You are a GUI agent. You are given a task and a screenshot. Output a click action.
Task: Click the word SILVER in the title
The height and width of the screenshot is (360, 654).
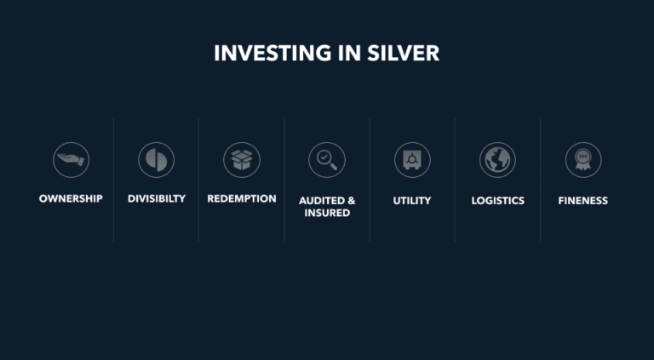click(x=404, y=54)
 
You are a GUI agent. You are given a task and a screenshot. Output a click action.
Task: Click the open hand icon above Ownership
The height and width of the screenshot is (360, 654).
click(x=71, y=160)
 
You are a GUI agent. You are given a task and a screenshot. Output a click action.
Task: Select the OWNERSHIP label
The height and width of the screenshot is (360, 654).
click(x=71, y=199)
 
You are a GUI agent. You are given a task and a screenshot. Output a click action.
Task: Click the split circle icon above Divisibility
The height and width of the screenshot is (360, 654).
click(x=157, y=160)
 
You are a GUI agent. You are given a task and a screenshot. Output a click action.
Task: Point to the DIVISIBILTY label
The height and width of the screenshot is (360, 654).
click(x=157, y=199)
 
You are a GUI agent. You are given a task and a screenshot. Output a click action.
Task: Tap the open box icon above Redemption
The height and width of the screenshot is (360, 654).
click(x=242, y=160)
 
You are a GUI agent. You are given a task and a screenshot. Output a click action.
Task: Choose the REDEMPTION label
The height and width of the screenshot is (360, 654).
click(x=242, y=199)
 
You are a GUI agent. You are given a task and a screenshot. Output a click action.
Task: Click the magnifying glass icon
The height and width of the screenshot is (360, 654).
click(x=327, y=160)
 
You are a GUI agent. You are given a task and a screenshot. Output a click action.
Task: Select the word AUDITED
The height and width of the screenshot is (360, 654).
click(x=321, y=201)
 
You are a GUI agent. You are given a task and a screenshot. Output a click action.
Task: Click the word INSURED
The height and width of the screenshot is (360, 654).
click(x=327, y=213)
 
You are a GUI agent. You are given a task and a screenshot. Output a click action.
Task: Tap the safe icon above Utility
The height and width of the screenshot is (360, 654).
click(x=412, y=160)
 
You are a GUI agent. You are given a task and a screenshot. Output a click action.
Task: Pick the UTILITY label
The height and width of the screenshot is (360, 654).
click(x=412, y=201)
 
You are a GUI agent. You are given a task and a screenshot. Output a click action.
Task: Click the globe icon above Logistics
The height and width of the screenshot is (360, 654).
click(x=497, y=160)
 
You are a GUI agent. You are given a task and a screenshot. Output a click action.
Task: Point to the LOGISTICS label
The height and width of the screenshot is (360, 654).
click(x=498, y=201)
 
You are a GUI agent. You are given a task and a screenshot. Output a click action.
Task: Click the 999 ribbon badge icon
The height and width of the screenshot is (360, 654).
click(x=583, y=160)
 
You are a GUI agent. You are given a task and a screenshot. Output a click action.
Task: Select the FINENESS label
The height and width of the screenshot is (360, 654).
click(x=583, y=201)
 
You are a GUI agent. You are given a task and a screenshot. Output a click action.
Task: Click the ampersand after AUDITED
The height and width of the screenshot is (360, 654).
click(x=351, y=201)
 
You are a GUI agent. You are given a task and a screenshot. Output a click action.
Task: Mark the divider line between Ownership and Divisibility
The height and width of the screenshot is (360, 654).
click(x=113, y=180)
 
